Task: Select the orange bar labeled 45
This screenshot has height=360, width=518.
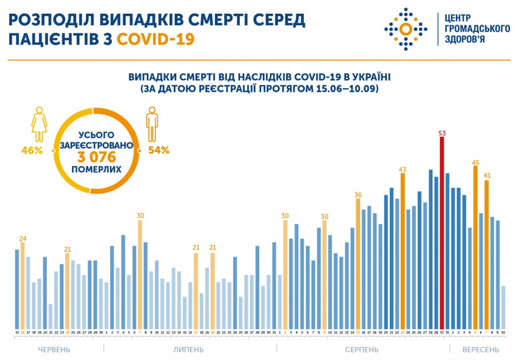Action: (475, 248)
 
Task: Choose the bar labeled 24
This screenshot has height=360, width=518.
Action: (22, 285)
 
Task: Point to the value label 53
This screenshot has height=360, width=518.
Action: (442, 134)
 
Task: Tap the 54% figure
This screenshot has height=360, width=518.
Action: (158, 150)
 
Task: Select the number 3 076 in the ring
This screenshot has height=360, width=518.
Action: (97, 157)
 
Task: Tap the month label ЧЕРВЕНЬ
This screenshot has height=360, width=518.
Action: (54, 350)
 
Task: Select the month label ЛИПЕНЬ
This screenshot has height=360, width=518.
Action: (188, 350)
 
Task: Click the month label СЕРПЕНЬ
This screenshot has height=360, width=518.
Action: (361, 350)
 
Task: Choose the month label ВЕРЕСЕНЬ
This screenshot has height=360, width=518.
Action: (481, 350)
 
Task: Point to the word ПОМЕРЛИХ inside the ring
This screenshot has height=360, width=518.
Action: (97, 170)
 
